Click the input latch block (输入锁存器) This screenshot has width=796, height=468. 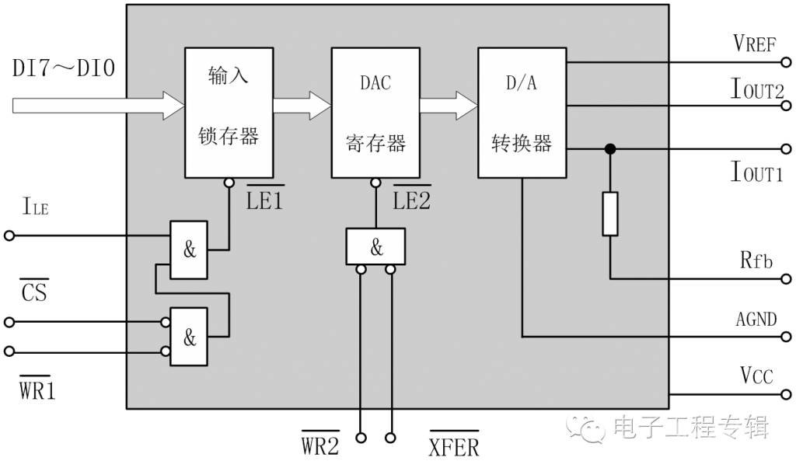click(x=229, y=113)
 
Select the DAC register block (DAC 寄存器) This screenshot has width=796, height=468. click(x=375, y=113)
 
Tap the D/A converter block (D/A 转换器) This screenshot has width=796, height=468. click(x=522, y=113)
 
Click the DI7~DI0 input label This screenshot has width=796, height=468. click(x=64, y=68)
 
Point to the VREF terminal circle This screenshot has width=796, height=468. click(x=786, y=62)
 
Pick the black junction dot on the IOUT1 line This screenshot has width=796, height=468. click(x=610, y=148)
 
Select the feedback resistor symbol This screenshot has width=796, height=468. click(x=610, y=214)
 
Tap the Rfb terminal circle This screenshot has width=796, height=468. click(x=786, y=278)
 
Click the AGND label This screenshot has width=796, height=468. click(x=756, y=320)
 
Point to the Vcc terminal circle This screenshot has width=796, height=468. click(x=786, y=394)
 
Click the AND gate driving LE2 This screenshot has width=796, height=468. click(x=375, y=246)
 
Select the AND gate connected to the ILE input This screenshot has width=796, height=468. click(x=188, y=250)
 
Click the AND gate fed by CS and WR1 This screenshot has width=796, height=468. click(x=188, y=337)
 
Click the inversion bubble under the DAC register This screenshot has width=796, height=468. click(x=375, y=183)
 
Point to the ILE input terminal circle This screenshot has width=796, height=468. click(x=9, y=236)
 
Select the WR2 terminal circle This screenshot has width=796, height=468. click(x=361, y=438)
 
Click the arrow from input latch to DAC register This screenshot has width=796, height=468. click(x=302, y=106)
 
